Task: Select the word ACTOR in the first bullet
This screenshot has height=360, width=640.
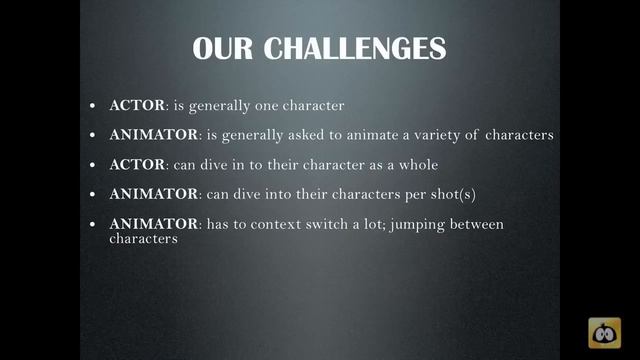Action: point(136,104)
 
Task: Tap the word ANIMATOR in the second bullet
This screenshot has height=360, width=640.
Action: point(149,134)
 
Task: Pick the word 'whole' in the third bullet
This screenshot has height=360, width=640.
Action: point(417,164)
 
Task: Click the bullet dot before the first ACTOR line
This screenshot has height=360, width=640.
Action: point(92,105)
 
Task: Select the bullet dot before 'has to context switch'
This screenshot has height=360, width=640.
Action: point(92,225)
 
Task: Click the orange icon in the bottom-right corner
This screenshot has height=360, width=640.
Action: point(604,332)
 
